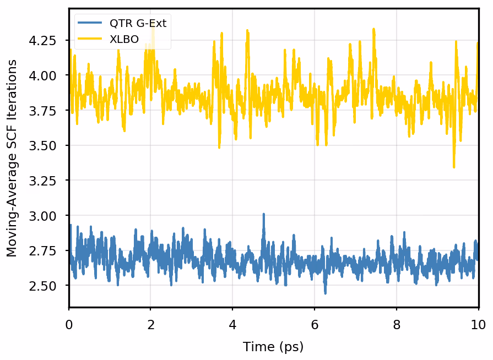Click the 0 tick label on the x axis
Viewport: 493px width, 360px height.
click(69, 324)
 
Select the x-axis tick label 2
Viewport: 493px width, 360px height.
click(151, 324)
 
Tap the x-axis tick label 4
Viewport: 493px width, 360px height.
click(232, 324)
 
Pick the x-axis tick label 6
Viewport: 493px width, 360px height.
click(315, 324)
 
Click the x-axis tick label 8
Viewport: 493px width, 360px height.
click(397, 324)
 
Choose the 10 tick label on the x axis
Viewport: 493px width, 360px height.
click(478, 324)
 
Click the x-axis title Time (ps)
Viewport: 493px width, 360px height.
click(273, 347)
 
